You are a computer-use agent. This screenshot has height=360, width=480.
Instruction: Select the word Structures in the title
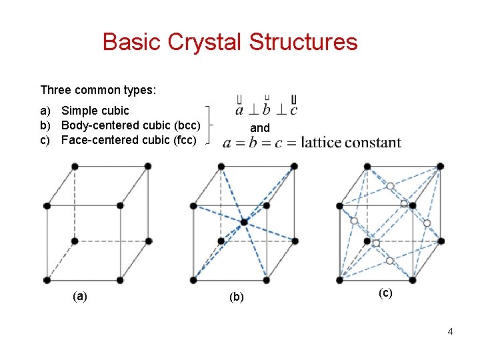point(303,42)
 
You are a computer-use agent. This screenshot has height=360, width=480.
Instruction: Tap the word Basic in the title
point(132,42)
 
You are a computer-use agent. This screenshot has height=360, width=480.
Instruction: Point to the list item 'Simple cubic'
point(95,110)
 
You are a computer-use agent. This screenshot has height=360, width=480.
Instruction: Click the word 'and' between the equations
point(259,127)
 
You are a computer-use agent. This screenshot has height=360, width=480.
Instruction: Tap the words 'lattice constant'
point(351,142)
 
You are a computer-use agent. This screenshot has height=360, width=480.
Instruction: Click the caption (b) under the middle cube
point(237,297)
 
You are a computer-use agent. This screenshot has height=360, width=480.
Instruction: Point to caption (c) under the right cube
point(385,292)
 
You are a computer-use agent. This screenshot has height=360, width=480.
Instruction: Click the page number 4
point(451,331)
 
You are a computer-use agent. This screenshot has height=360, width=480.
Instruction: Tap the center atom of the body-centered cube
point(244,222)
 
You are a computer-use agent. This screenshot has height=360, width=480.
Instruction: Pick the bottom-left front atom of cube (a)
point(47,279)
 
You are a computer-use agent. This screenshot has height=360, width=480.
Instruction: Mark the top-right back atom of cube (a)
point(147,166)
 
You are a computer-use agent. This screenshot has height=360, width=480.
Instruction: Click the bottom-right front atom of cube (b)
point(266,279)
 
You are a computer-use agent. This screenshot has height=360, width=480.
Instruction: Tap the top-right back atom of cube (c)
point(440,166)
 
